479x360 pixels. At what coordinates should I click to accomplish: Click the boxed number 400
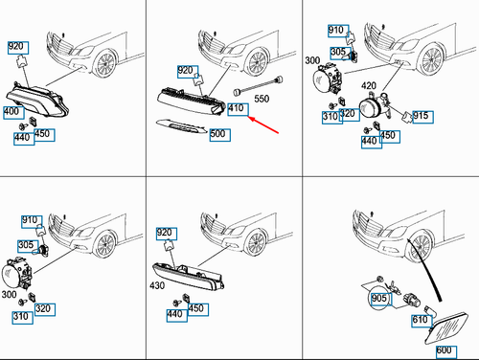[x=13, y=113]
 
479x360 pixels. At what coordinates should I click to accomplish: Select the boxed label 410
[x=238, y=109]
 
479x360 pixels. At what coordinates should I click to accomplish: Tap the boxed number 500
[x=220, y=135]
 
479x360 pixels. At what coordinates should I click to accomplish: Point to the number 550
[x=262, y=99]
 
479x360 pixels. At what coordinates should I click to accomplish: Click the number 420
[x=369, y=85]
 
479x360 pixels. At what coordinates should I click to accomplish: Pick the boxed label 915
[x=423, y=117]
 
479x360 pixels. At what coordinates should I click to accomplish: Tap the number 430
[x=157, y=285]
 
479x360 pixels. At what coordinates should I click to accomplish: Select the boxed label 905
[x=380, y=299]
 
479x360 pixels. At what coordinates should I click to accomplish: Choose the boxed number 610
[x=422, y=321]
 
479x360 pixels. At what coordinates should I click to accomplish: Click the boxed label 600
[x=446, y=351]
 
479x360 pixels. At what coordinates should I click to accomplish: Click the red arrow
[x=263, y=124]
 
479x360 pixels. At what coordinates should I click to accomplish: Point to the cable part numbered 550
[x=259, y=85]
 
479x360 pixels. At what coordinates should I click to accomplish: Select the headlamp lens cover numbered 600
[x=446, y=328]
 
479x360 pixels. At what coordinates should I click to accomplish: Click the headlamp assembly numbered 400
[x=37, y=101]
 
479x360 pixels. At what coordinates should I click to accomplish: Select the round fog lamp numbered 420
[x=374, y=108]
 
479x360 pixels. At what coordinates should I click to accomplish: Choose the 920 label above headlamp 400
[x=18, y=48]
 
